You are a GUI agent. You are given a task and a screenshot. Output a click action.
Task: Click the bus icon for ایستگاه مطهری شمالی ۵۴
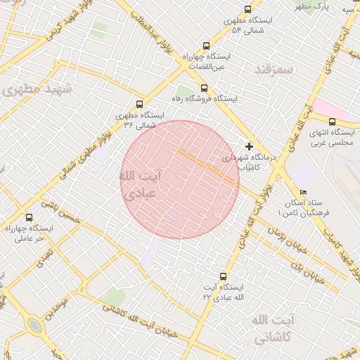(x=247, y=9)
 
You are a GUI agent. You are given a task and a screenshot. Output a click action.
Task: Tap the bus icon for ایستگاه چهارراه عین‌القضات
(x=205, y=43)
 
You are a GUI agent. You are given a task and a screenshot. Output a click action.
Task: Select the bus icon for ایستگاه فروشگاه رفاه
(x=204, y=88)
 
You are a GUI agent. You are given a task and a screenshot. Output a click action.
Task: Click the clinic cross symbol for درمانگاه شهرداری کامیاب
(x=249, y=146)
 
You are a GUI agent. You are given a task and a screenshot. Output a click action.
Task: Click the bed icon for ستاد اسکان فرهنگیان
(x=303, y=192)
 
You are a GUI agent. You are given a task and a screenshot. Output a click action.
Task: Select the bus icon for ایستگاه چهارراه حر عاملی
(x=29, y=217)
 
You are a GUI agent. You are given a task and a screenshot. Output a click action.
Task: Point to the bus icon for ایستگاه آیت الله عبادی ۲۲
(x=224, y=276)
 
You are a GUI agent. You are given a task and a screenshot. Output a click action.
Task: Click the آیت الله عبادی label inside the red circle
(x=140, y=184)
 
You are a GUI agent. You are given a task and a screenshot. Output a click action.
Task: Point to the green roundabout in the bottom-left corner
(x=33, y=326)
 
